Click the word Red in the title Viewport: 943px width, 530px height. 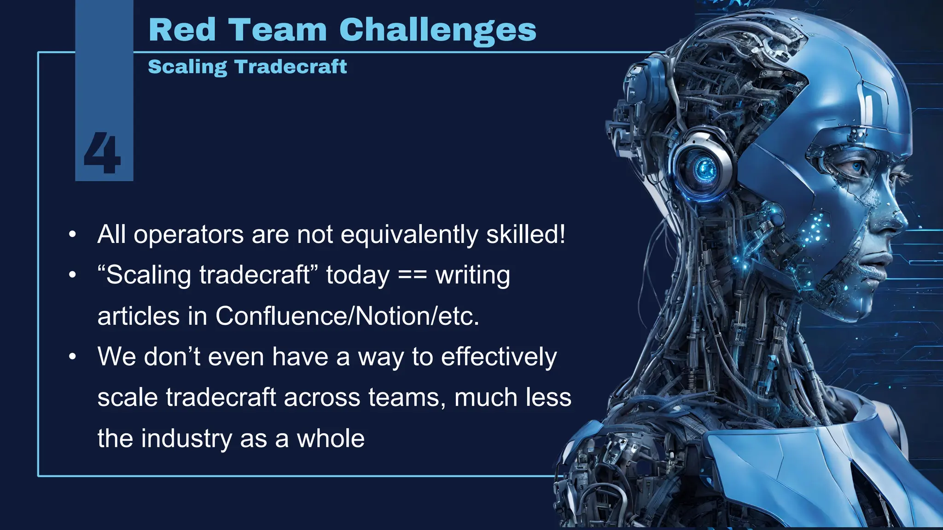coord(182,30)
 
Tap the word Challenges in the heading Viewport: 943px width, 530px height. coord(437,30)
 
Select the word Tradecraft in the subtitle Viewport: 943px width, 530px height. coord(291,67)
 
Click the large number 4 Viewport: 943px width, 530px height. coord(102,153)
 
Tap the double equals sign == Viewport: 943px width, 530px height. coord(412,275)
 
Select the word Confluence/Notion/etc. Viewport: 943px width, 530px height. coord(347,316)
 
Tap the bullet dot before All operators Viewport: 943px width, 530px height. coord(72,235)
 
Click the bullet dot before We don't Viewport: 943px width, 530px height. coord(72,357)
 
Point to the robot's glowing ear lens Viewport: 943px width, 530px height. coord(703,169)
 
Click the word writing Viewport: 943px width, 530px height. coord(473,275)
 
